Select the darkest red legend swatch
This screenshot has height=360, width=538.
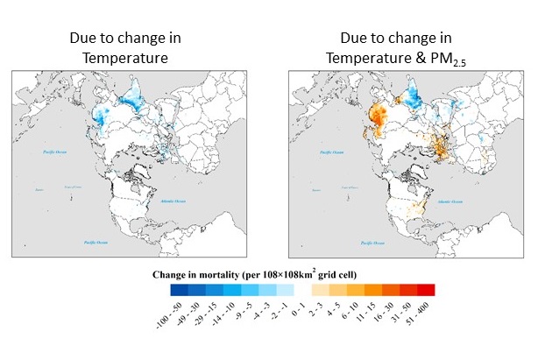pos(426,290)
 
